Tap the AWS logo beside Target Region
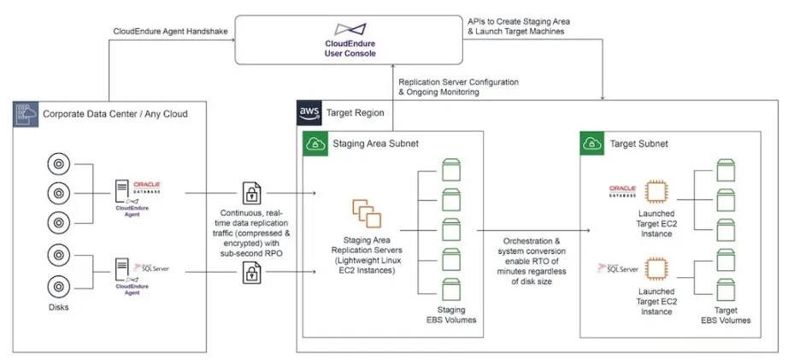(x=309, y=112)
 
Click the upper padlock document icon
(x=252, y=192)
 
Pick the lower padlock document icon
(x=252, y=273)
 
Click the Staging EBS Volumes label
(x=450, y=314)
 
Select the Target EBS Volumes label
(x=728, y=314)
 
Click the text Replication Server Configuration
(x=458, y=81)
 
